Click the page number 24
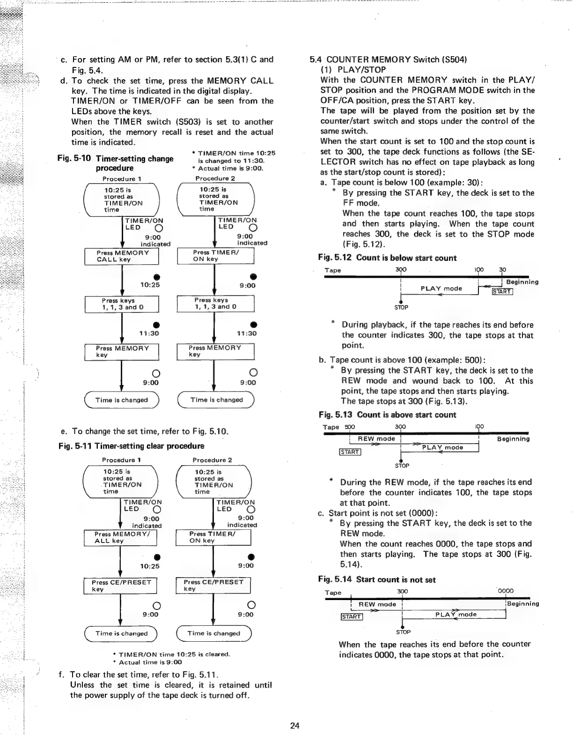tap(294, 726)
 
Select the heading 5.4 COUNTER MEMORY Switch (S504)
tap(389, 59)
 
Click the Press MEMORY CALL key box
tap(122, 256)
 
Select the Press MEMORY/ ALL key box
tap(119, 537)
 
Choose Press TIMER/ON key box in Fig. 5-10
tap(215, 256)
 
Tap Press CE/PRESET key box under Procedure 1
tap(120, 586)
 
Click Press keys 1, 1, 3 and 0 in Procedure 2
tap(215, 304)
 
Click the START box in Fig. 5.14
tap(352, 616)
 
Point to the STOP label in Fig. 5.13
tap(402, 466)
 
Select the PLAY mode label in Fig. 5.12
tap(441, 289)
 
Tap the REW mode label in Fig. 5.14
tap(377, 604)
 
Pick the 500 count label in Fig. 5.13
tap(350, 427)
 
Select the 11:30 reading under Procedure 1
tap(149, 333)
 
